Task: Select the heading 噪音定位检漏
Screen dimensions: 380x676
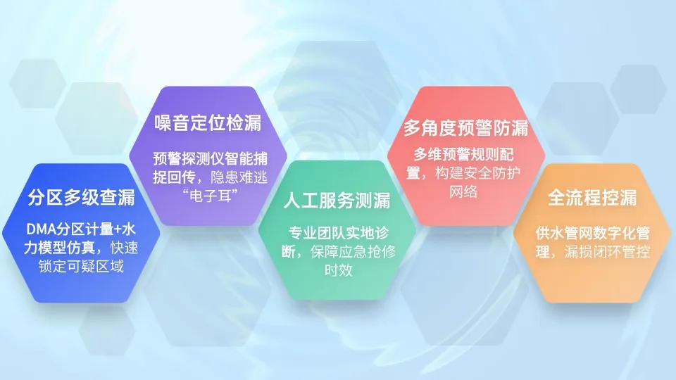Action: click(x=208, y=123)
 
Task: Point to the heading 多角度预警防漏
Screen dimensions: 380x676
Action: click(x=466, y=128)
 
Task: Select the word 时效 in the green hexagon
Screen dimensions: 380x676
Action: click(x=337, y=270)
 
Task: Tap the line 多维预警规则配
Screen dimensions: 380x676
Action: click(x=465, y=154)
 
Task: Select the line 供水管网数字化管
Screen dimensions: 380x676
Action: click(x=592, y=233)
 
